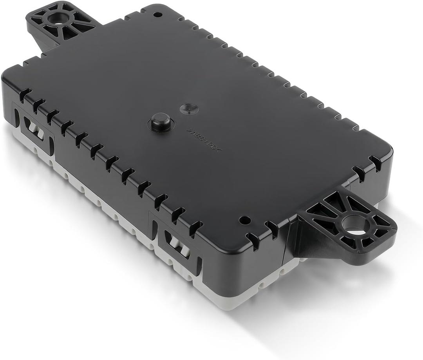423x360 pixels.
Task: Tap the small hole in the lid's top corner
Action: click(157, 14)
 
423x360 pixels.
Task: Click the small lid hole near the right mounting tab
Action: click(245, 220)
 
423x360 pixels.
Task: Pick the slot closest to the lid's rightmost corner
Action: click(375, 163)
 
